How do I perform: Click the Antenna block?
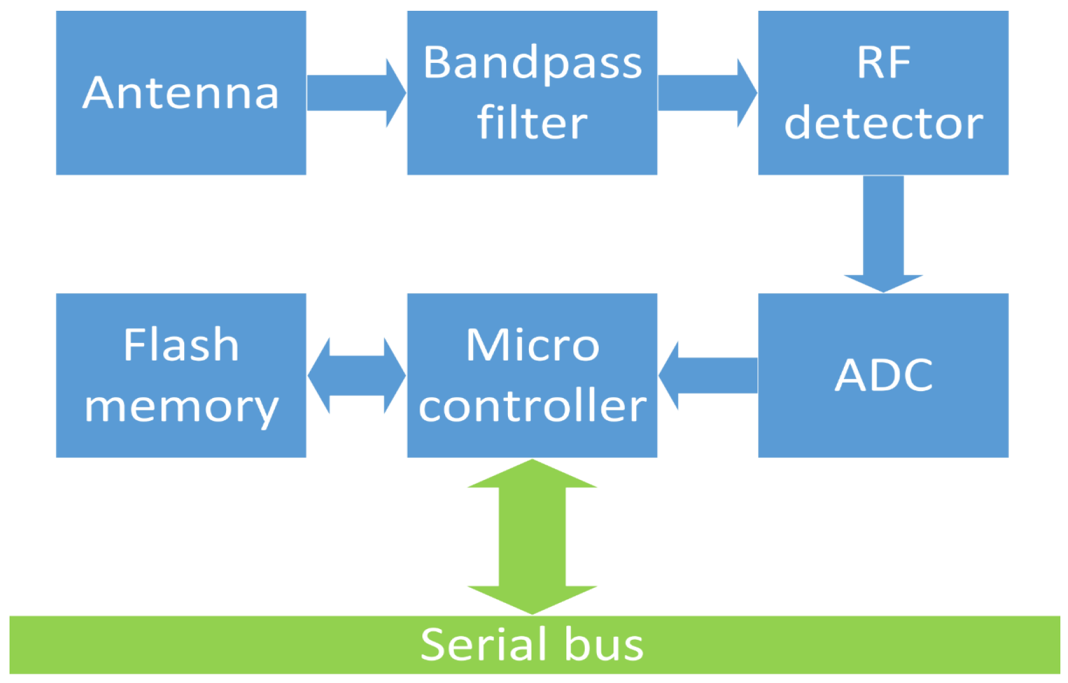click(x=181, y=93)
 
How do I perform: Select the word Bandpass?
click(x=532, y=63)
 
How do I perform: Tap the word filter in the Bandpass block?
click(x=532, y=123)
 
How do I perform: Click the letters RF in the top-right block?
click(x=883, y=63)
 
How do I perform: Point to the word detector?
click(x=883, y=123)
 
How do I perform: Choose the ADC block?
click(x=883, y=375)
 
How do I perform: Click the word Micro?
click(x=532, y=345)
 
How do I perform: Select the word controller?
click(x=532, y=406)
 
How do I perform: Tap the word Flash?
click(x=181, y=345)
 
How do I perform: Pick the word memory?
click(x=181, y=407)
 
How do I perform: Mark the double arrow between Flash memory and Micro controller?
click(x=356, y=375)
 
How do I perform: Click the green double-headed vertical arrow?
click(x=532, y=537)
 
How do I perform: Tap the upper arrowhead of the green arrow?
click(x=532, y=475)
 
